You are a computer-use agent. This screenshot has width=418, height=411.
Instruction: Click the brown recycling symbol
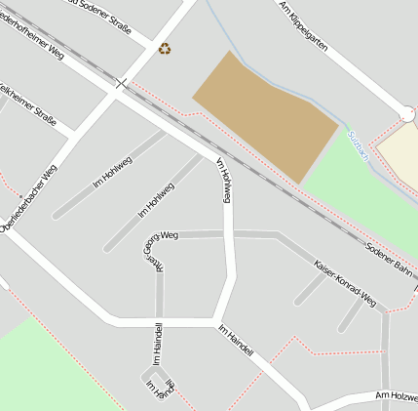pyautogui.click(x=165, y=48)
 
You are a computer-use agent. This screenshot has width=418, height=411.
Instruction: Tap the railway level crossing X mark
pyautogui.click(x=122, y=84)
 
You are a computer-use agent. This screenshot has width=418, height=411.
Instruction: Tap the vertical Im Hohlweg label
pyautogui.click(x=224, y=180)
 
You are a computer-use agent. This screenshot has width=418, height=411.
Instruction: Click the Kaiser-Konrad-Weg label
pyautogui.click(x=345, y=283)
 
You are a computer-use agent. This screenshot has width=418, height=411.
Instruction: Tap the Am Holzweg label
pyautogui.click(x=395, y=396)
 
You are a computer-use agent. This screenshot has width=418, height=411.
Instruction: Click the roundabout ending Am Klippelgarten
pyautogui.click(x=407, y=115)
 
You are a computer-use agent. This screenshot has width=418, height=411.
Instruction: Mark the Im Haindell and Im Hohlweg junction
pyautogui.click(x=213, y=320)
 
